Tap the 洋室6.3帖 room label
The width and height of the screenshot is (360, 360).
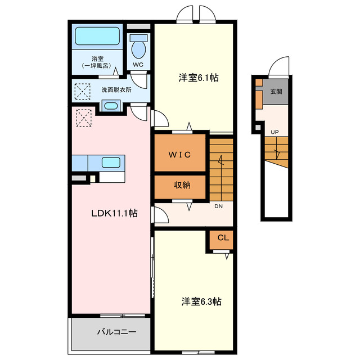coord(201,301)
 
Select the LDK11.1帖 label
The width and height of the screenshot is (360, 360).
coord(115,213)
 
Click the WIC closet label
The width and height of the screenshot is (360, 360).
coord(180,154)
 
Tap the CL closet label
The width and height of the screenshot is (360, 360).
coord(223,237)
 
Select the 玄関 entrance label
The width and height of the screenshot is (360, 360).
coord(276,92)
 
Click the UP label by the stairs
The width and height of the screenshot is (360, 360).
coord(274,133)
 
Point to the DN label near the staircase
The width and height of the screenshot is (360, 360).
coord(219,206)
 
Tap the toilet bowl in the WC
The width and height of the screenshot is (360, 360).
coord(138,48)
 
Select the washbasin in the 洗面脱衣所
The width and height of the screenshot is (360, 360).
coord(110,106)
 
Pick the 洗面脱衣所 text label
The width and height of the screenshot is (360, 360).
coord(116,89)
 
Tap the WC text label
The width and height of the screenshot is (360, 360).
coord(138,65)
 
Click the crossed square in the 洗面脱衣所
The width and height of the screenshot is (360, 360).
coord(83,90)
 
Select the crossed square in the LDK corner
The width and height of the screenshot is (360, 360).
coord(83,118)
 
